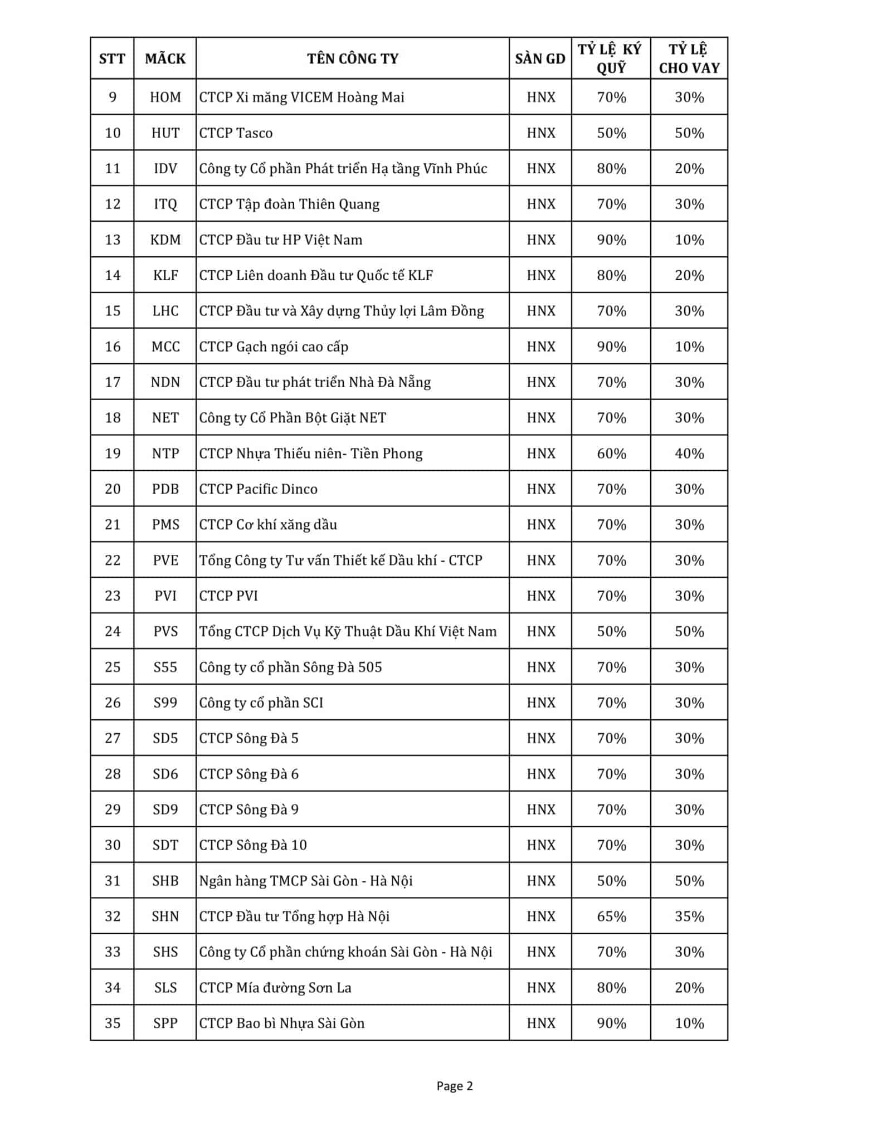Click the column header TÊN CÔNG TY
pyautogui.click(x=352, y=58)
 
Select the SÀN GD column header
pyautogui.click(x=540, y=58)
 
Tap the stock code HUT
pyautogui.click(x=165, y=133)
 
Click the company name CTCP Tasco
pyautogui.click(x=236, y=133)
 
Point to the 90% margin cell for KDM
pyautogui.click(x=611, y=240)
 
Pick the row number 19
pyautogui.click(x=113, y=454)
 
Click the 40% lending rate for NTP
pyautogui.click(x=689, y=454)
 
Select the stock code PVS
pyautogui.click(x=165, y=631)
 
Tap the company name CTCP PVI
pyautogui.click(x=229, y=596)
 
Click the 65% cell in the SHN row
pyautogui.click(x=611, y=916)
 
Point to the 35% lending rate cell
pyautogui.click(x=689, y=916)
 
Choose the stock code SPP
pyautogui.click(x=165, y=1023)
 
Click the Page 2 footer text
pyautogui.click(x=455, y=1085)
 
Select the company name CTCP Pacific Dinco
pyautogui.click(x=259, y=489)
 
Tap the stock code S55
pyautogui.click(x=165, y=667)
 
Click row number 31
pyautogui.click(x=113, y=881)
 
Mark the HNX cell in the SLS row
pyautogui.click(x=540, y=988)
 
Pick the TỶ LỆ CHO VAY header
pyautogui.click(x=689, y=58)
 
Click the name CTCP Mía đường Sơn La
pyautogui.click(x=275, y=988)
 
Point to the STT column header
pyautogui.click(x=112, y=58)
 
